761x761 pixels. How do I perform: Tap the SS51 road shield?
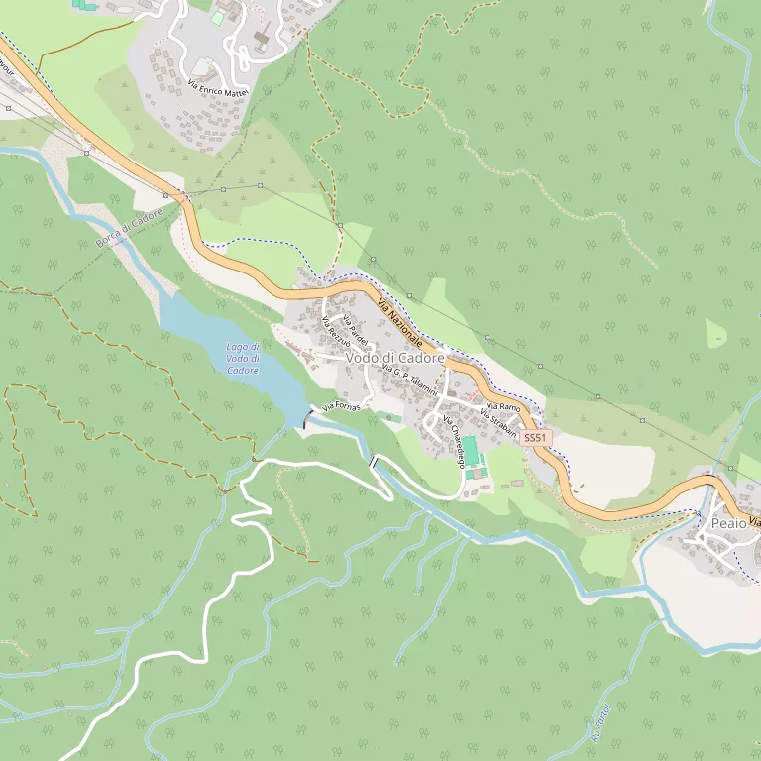(534, 437)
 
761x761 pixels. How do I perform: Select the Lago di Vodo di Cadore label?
(243, 358)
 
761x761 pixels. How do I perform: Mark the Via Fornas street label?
(340, 405)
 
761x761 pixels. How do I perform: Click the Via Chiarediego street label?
(454, 441)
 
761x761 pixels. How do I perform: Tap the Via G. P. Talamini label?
(409, 381)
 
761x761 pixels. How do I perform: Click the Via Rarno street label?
(503, 407)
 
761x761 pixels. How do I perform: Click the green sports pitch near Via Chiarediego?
(470, 451)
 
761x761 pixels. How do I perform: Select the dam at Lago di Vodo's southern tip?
(304, 420)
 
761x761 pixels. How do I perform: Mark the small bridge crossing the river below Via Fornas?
(375, 462)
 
